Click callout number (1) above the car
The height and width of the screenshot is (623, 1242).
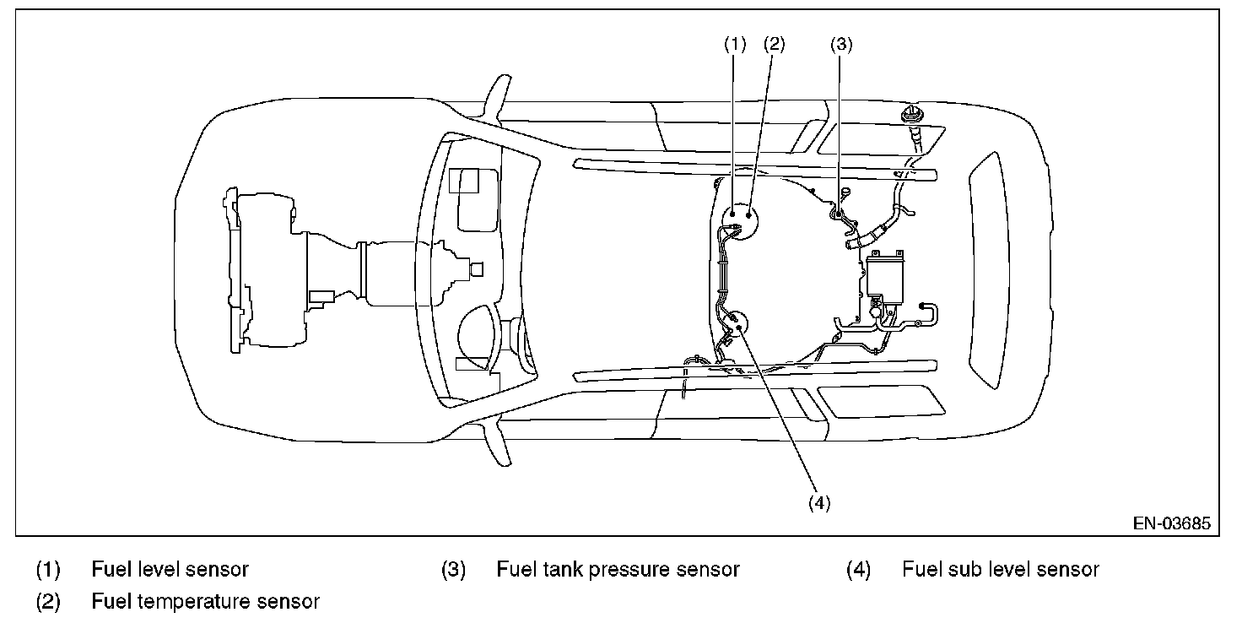[x=736, y=46]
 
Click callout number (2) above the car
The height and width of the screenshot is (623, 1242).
[x=774, y=46]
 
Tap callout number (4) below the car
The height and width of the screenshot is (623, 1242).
[x=819, y=502]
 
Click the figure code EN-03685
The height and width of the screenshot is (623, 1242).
[x=1171, y=524]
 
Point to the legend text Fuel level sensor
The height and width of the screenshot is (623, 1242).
[x=170, y=570]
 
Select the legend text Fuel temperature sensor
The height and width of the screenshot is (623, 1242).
[x=205, y=602]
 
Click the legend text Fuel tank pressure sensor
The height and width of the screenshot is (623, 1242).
[x=618, y=570]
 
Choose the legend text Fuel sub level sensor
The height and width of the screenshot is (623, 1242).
[x=1001, y=570]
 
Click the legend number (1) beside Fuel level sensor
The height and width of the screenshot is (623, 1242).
[x=48, y=570]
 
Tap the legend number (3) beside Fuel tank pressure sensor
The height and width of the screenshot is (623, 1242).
[x=453, y=570]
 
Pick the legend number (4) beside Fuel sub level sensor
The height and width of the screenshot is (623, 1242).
[x=858, y=570]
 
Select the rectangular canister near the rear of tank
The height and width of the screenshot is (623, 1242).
[x=882, y=274]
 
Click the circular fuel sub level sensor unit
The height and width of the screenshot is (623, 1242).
[x=736, y=324]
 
